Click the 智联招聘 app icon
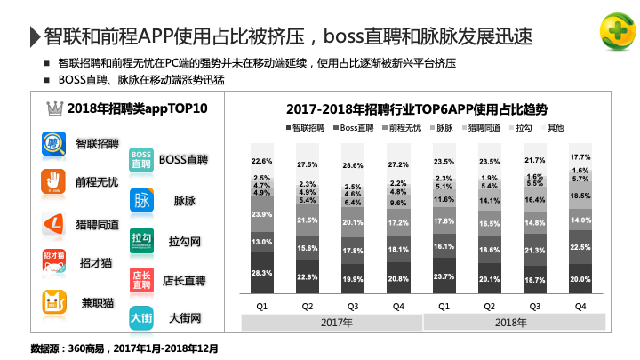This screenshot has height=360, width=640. click(53, 144)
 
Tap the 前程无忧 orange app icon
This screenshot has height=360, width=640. click(53, 181)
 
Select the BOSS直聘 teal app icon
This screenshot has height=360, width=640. click(141, 159)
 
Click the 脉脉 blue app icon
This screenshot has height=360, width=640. click(141, 200)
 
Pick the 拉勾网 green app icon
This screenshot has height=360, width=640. click(141, 241)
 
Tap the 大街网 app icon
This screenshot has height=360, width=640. click(141, 317)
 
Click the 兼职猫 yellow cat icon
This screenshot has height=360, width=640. click(53, 302)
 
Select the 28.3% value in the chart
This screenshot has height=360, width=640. click(262, 274)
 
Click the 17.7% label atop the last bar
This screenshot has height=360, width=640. click(580, 156)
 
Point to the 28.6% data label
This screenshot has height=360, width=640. click(353, 166)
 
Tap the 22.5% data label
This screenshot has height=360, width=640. click(580, 248)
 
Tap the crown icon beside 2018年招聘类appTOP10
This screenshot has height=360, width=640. click(55, 109)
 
